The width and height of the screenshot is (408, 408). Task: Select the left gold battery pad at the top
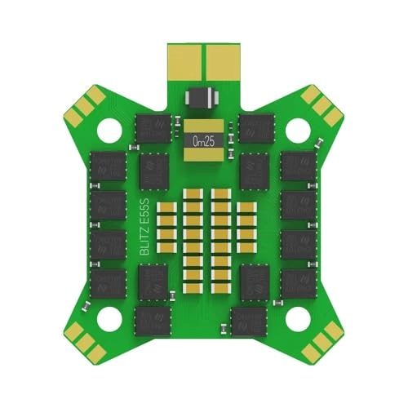coord(187,61)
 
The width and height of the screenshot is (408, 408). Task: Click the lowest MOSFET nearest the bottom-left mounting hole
coord(153,320)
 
